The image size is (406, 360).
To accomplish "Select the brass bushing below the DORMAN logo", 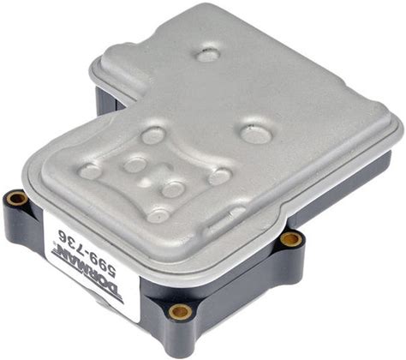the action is click(180, 312).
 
